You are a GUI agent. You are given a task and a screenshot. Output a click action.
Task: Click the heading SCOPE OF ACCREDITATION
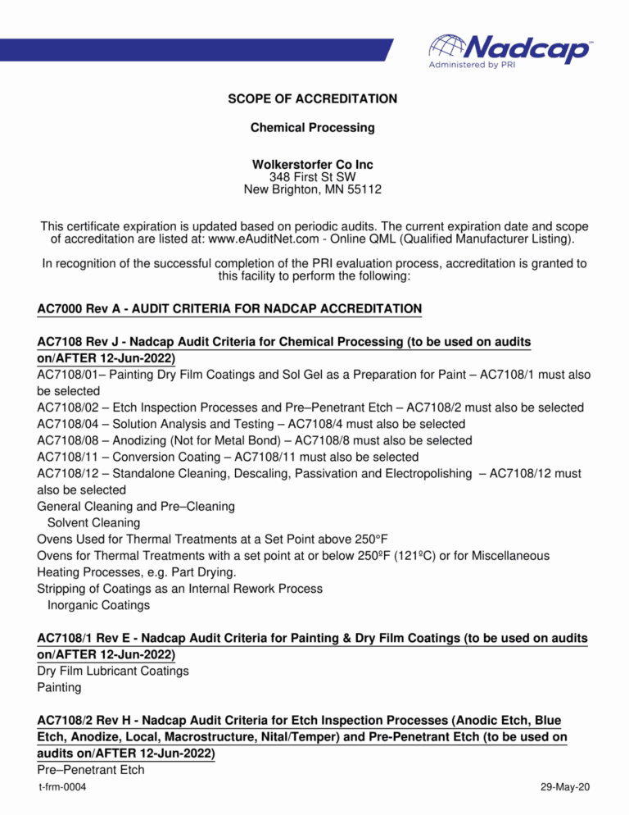tap(312, 99)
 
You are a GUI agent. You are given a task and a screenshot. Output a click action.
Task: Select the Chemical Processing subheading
tap(312, 128)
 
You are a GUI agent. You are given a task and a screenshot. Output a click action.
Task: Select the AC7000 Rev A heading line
tap(229, 308)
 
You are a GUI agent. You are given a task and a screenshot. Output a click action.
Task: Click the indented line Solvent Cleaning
tap(93, 522)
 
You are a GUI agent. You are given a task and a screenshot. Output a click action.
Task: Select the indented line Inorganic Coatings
tap(98, 605)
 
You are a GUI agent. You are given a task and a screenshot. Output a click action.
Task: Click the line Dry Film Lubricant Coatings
tap(113, 671)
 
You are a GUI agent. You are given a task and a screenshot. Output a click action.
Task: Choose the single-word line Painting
tap(60, 687)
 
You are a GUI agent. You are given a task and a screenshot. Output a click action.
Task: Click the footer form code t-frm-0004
tap(63, 787)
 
